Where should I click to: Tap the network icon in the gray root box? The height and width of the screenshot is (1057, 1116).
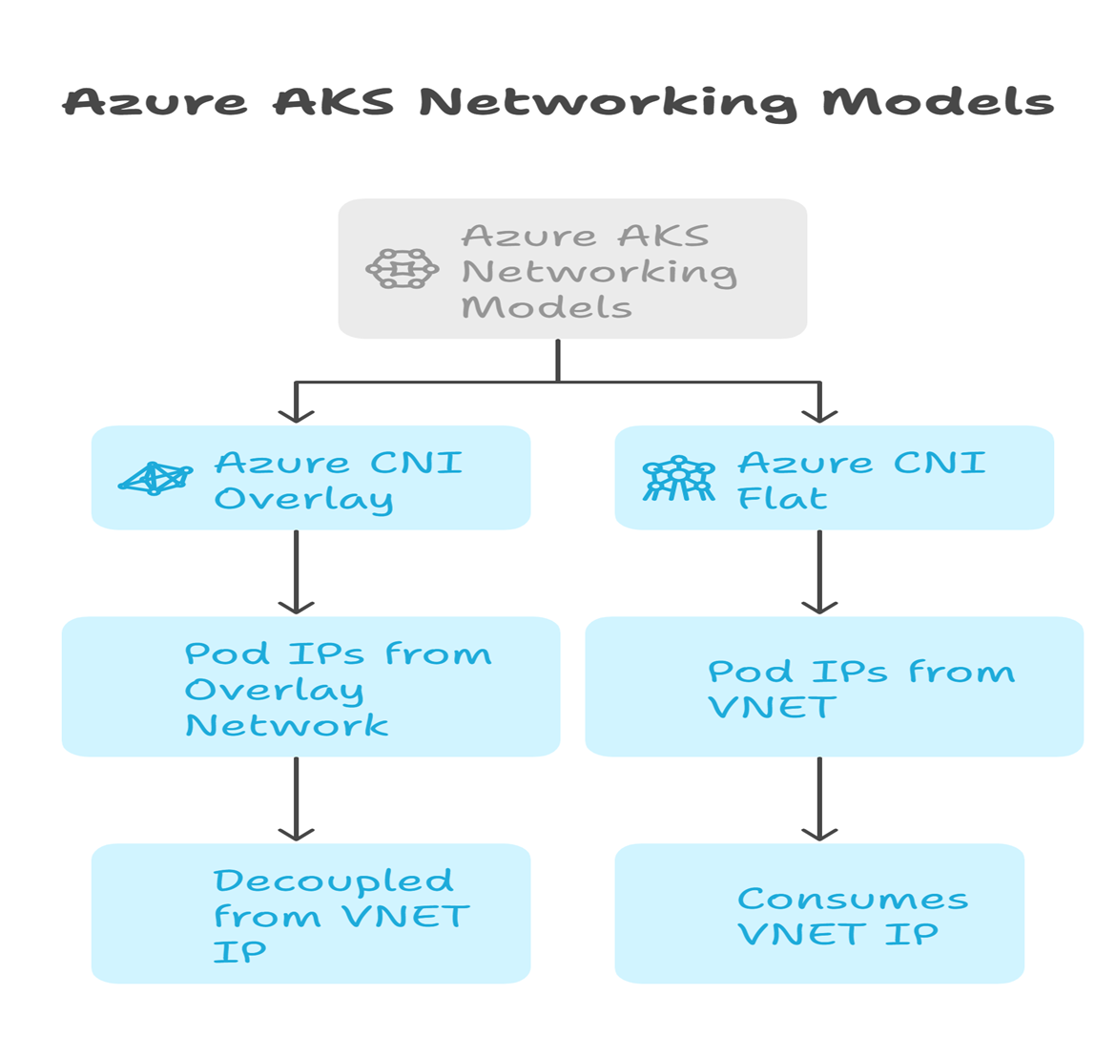pos(402,269)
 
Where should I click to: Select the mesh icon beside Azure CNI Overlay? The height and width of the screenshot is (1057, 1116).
pos(154,478)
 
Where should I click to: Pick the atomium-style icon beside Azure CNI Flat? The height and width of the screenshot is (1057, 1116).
pos(678,478)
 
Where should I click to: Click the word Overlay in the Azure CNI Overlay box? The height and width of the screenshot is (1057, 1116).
pos(303,499)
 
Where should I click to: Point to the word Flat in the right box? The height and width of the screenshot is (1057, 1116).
pos(781,498)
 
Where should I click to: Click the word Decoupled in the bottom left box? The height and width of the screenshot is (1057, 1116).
pos(333,881)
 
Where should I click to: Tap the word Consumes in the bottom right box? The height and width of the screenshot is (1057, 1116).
pos(853,899)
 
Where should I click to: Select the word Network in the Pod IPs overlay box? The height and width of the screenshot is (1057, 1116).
pos(286,725)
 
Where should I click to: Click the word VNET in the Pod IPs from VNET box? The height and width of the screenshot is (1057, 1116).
pos(772,707)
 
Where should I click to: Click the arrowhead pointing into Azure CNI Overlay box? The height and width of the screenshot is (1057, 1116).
pos(297,413)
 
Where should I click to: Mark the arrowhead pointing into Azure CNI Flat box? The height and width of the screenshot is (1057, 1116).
pos(819,413)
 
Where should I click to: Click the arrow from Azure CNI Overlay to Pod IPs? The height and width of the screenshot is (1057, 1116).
pos(297,572)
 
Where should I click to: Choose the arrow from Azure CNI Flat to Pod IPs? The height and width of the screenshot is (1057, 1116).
pos(819,572)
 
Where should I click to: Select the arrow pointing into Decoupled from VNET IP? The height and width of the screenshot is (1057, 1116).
pos(297,799)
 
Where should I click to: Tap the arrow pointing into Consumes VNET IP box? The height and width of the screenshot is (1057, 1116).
pos(819,799)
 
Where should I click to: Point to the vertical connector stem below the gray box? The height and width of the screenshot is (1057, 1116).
pos(558,360)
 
